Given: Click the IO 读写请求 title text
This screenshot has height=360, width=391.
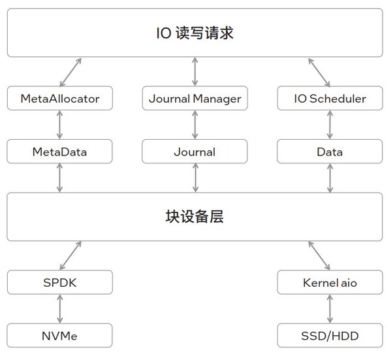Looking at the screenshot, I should (x=195, y=33).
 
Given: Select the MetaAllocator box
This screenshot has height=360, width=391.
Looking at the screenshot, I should (x=60, y=99).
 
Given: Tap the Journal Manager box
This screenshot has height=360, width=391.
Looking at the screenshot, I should (x=195, y=99).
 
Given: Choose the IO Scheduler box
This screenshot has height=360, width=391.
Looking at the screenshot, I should (x=330, y=99).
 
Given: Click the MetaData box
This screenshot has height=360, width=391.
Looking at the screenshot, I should (x=60, y=152).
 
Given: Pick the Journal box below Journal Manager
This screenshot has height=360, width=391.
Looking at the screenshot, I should (x=195, y=152).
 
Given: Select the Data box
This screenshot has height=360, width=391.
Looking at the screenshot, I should (x=330, y=152).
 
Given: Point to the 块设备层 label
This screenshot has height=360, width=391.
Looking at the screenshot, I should (x=195, y=217).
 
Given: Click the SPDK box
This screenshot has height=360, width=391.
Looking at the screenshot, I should (x=60, y=283).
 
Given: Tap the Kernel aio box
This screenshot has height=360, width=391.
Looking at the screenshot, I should (x=330, y=283).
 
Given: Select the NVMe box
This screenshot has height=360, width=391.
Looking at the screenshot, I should (x=60, y=336).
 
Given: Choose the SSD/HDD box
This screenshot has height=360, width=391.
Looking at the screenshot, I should (x=330, y=336).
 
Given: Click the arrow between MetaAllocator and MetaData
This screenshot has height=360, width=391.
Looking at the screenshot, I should (x=60, y=125).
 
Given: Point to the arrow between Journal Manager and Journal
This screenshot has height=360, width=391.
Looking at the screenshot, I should (x=195, y=125).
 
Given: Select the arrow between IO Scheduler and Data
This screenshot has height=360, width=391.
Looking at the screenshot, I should (x=330, y=125).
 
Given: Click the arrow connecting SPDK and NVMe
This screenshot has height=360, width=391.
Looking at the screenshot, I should (x=60, y=309).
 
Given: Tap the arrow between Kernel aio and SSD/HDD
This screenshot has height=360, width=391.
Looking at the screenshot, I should (x=330, y=309).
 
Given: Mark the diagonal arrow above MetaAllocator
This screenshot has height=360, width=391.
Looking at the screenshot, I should (x=70, y=72).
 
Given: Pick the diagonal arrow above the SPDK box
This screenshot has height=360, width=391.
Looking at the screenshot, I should (x=70, y=256).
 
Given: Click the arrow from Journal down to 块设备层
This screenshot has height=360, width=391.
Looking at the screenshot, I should (x=195, y=178).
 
